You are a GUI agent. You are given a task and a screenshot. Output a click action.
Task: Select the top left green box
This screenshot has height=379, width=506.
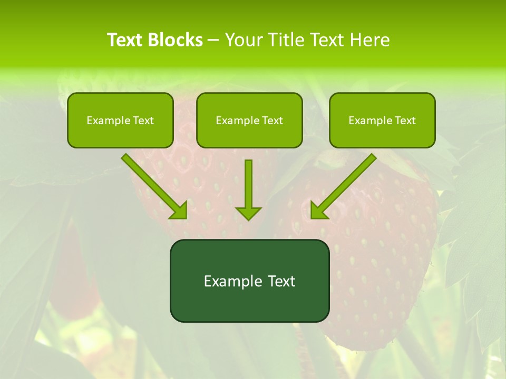[x=120, y=120]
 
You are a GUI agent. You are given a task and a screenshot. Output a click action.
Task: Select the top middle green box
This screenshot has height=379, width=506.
[x=249, y=120]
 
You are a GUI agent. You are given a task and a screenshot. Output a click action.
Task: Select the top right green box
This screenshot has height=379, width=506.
[x=382, y=120]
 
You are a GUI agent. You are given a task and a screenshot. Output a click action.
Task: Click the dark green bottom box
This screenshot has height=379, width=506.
[x=249, y=281]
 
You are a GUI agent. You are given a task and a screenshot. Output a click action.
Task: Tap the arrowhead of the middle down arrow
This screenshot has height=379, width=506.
[x=248, y=213]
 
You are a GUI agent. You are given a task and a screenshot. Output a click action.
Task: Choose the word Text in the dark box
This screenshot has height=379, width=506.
[x=281, y=281]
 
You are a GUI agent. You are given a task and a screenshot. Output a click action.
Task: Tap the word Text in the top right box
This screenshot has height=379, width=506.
[x=405, y=121]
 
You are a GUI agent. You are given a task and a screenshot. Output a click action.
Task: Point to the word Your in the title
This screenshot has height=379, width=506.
[x=243, y=40]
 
